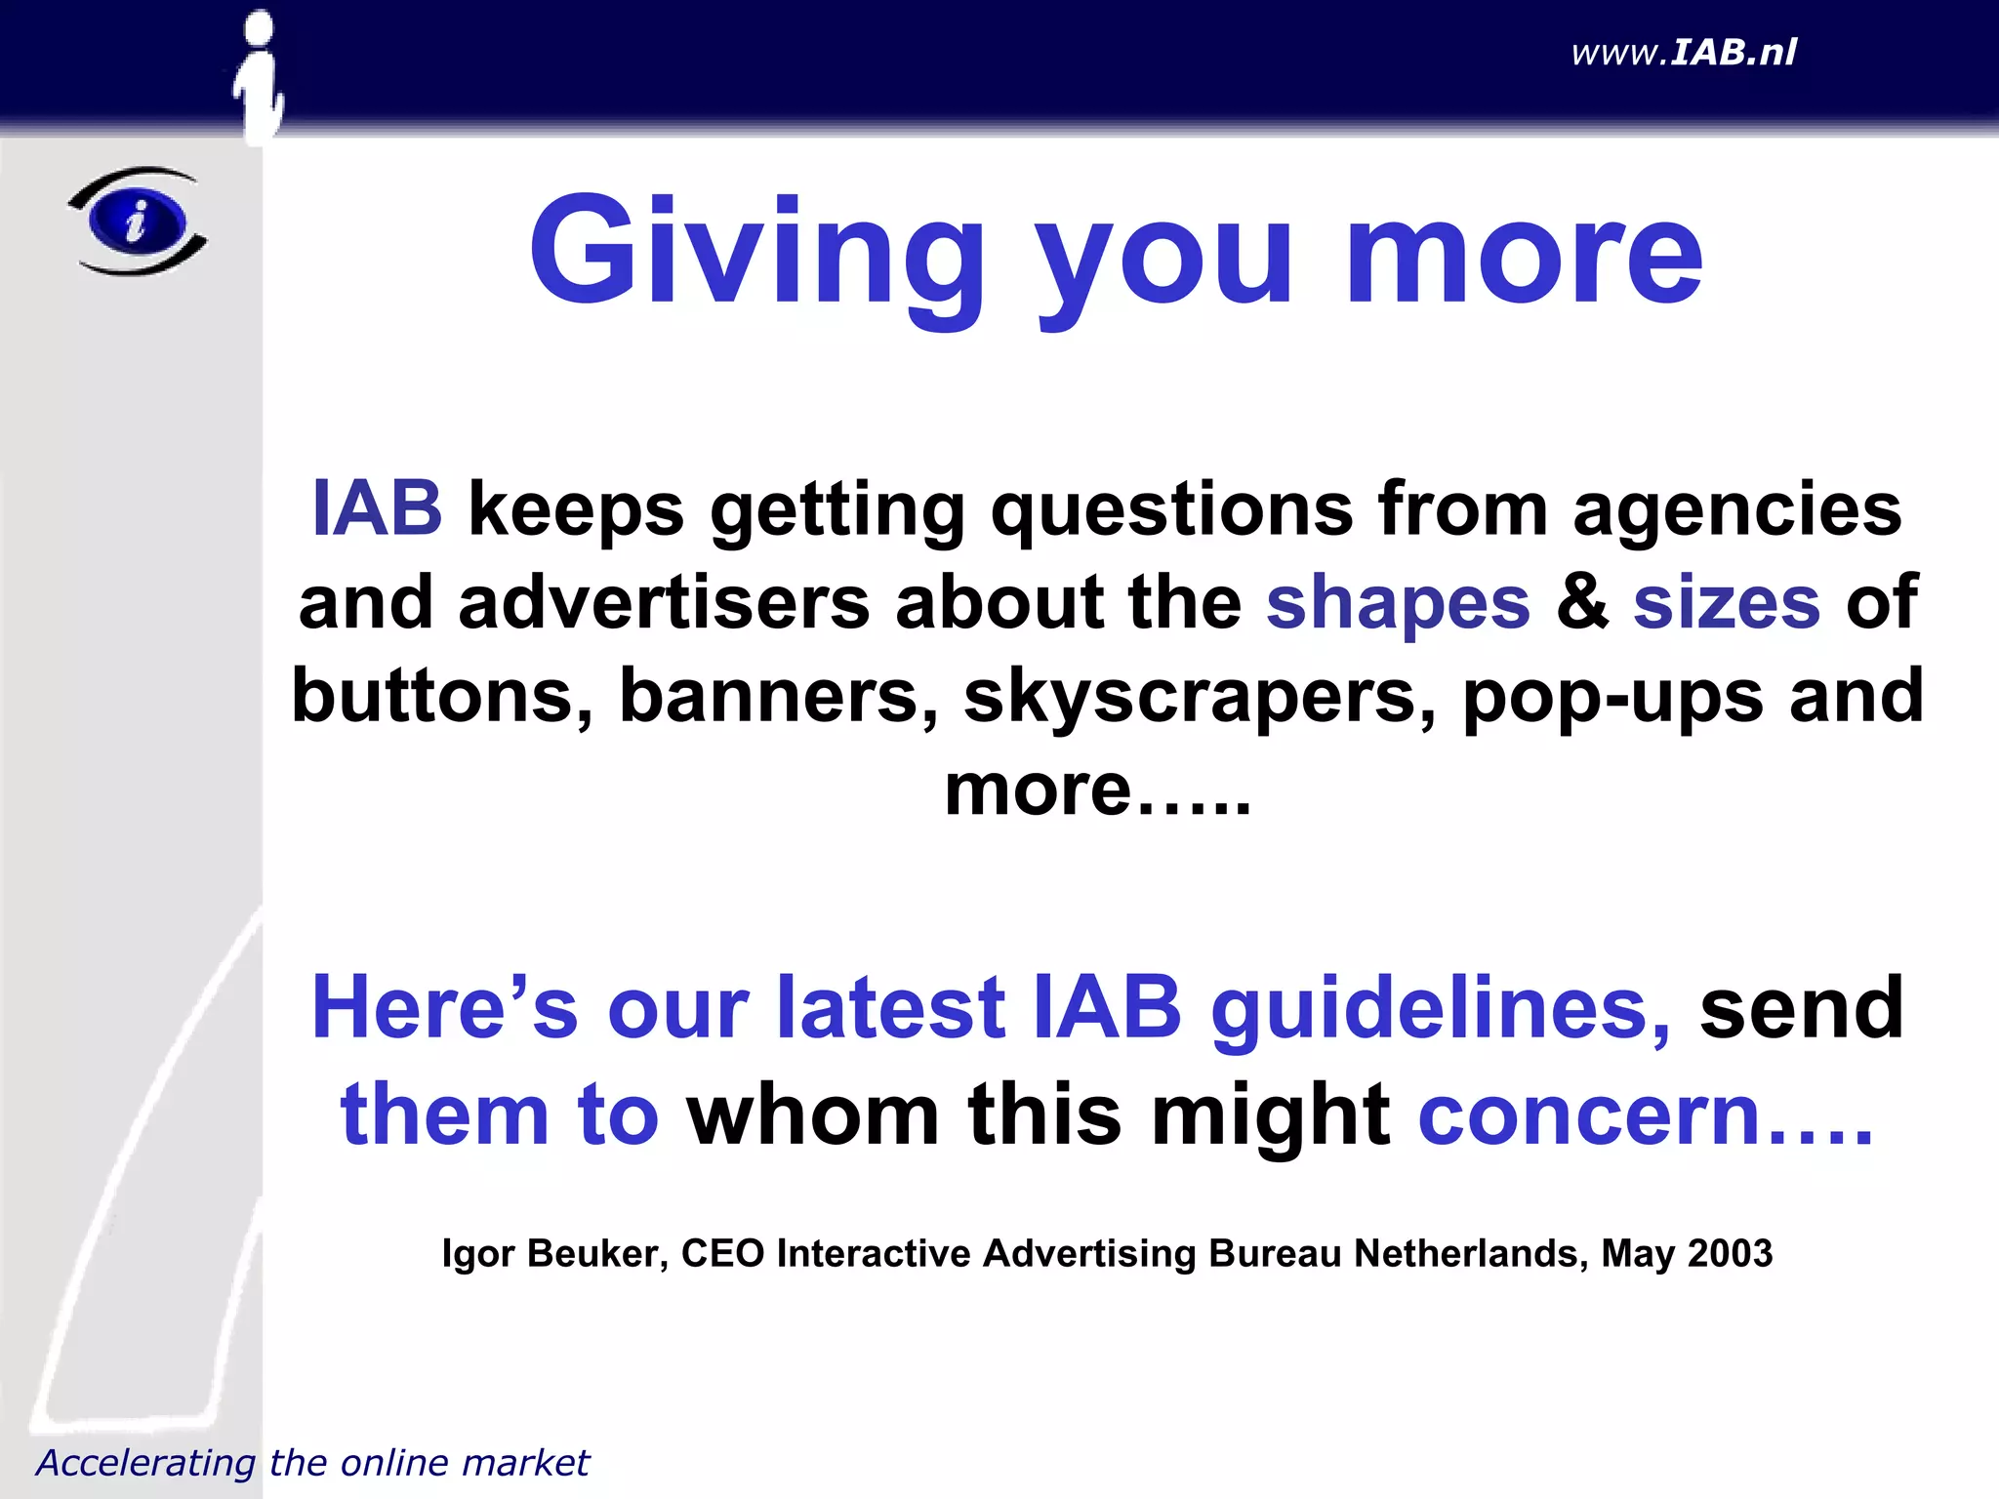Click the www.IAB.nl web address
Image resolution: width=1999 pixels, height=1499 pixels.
pyautogui.click(x=1683, y=53)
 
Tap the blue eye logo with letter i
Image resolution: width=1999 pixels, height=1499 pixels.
pyautogui.click(x=138, y=221)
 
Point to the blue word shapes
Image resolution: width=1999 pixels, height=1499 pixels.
pyautogui.click(x=1398, y=603)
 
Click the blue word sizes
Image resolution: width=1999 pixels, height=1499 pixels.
pyautogui.click(x=1726, y=603)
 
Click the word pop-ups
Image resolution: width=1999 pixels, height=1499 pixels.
pyautogui.click(x=1612, y=697)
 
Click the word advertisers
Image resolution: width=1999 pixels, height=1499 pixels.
pyautogui.click(x=664, y=603)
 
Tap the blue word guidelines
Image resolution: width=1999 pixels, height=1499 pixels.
pyautogui.click(x=1441, y=1009)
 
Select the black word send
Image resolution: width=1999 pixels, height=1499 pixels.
pyautogui.click(x=1801, y=1009)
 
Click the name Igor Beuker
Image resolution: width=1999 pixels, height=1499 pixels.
pyautogui.click(x=554, y=1253)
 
